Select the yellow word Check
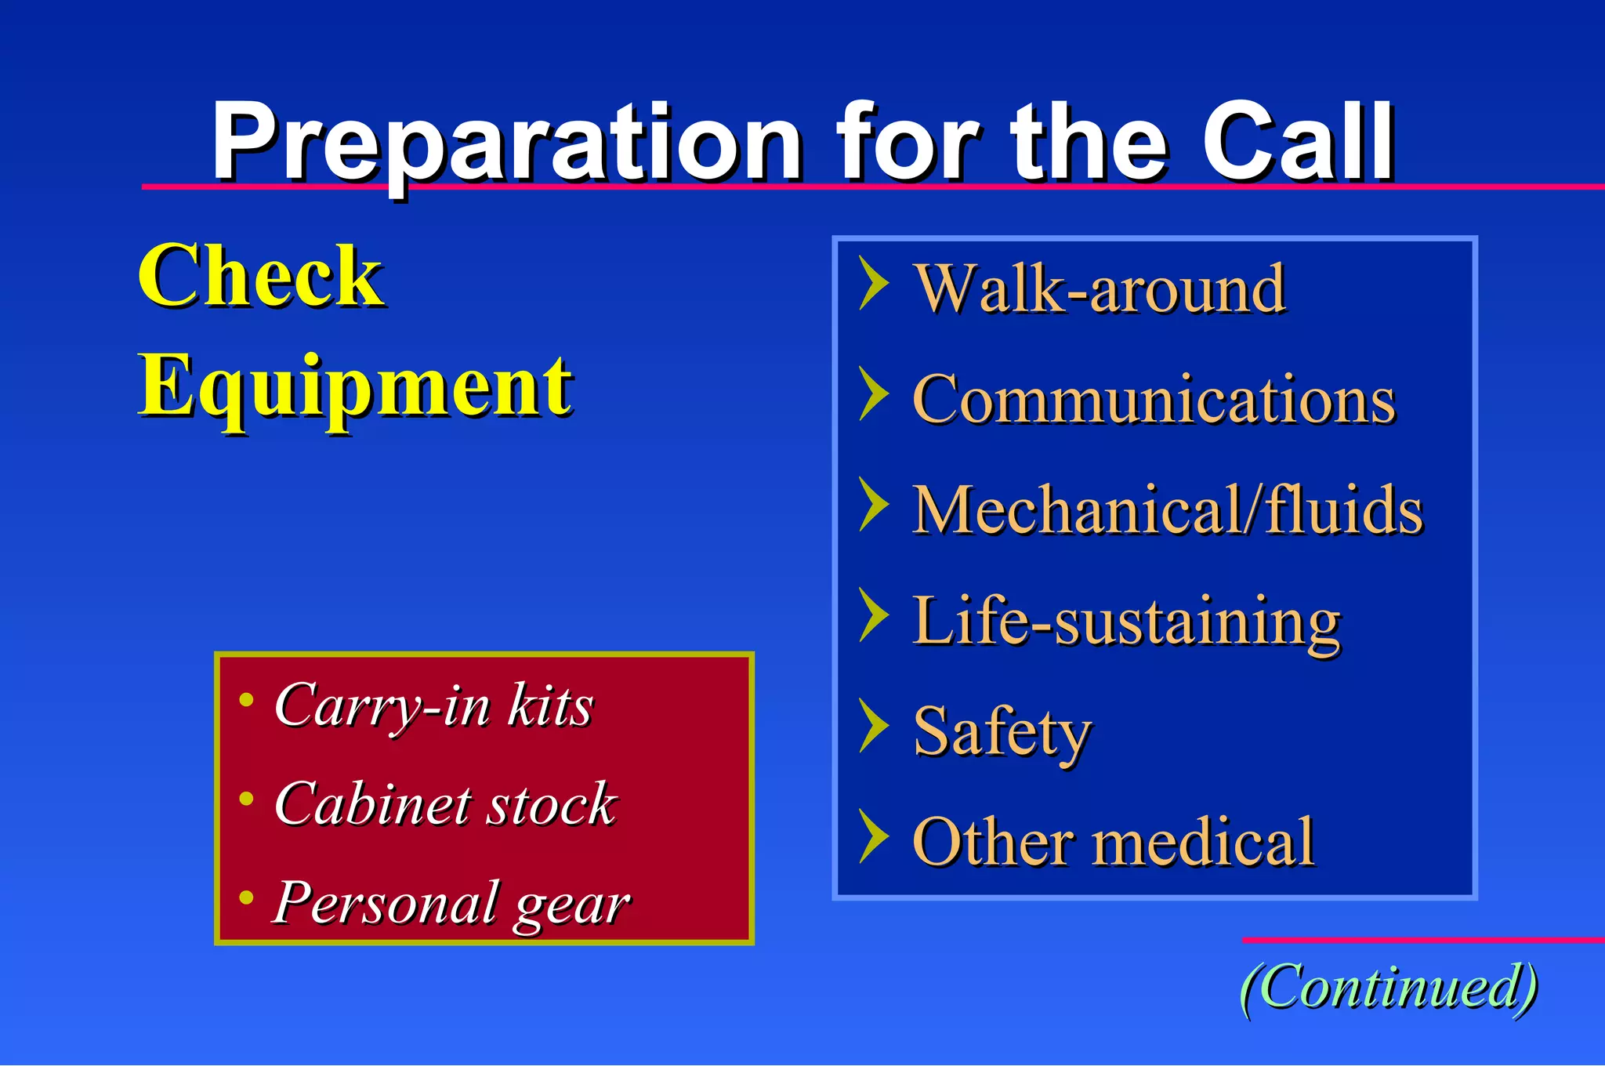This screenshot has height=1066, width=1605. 260,276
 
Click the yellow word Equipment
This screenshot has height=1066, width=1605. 355,386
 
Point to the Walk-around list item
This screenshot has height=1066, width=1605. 1099,289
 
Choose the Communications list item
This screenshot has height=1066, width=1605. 1154,400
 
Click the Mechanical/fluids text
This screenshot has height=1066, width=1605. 1167,510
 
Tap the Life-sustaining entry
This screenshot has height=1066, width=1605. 1126,622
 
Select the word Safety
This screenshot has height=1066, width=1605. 1002,731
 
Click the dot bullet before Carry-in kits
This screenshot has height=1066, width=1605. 246,699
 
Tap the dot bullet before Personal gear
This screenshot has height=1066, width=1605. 246,897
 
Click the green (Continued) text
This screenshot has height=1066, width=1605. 1389,988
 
